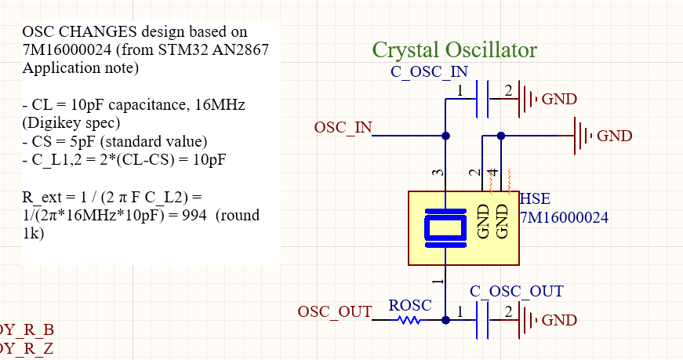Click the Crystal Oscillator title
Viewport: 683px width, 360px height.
[454, 50]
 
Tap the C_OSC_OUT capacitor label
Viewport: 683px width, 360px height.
[516, 291]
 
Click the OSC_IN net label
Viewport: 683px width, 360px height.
[343, 127]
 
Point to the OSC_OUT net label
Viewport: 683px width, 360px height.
[334, 311]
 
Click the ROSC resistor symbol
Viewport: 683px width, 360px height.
[409, 320]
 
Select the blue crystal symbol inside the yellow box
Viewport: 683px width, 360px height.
[445, 228]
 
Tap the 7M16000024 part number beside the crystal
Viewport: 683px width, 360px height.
[564, 217]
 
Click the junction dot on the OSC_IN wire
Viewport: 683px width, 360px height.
[445, 136]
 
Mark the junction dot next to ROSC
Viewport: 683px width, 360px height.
[445, 320]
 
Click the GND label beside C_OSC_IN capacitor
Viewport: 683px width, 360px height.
[559, 100]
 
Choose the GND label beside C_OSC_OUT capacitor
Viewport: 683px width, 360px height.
[559, 320]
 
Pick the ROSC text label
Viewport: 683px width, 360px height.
[410, 305]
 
